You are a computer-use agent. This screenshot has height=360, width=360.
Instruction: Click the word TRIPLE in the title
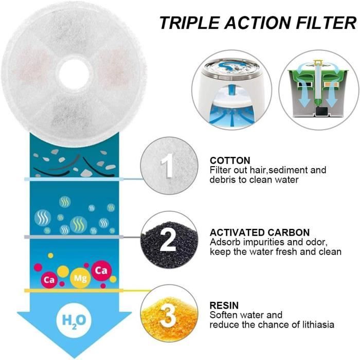tap(189, 23)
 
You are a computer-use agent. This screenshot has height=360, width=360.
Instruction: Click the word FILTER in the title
tap(326, 23)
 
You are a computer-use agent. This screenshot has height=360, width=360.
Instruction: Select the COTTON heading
tap(230, 160)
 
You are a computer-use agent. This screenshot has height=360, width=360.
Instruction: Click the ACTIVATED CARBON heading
tap(260, 232)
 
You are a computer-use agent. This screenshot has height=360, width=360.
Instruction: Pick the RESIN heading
tap(224, 305)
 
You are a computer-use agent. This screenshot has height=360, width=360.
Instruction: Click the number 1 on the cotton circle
tap(168, 165)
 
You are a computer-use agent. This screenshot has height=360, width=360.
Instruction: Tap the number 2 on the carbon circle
tap(168, 240)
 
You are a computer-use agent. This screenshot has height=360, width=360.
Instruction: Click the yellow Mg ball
tap(80, 278)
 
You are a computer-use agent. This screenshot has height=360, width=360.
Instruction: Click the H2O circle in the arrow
tap(74, 320)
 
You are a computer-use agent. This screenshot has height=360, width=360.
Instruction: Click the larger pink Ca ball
tap(101, 271)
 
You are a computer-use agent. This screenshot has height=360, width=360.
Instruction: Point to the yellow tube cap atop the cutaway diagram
tap(318, 62)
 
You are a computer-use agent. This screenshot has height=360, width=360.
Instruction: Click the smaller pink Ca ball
tap(49, 280)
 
